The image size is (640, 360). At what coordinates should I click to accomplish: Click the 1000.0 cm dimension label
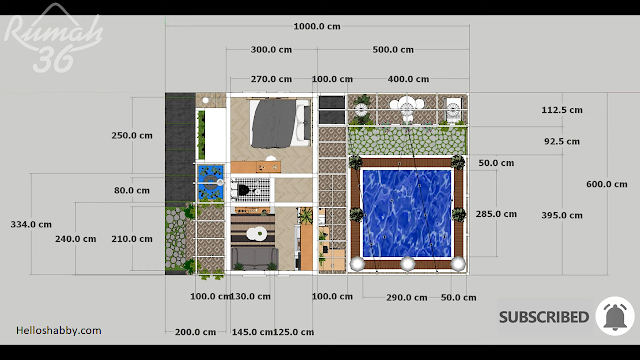point(317,27)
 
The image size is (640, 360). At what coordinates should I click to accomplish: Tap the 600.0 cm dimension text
point(607,184)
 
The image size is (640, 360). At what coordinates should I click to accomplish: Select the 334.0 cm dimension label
point(31,224)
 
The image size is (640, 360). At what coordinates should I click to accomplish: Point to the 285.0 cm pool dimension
point(496,214)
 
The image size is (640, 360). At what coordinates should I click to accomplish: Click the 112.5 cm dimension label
point(562,110)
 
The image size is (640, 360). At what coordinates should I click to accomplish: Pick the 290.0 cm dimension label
point(407,298)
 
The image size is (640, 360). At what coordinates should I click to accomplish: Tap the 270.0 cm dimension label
point(271,79)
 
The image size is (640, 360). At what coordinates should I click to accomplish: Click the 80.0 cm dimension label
point(132,190)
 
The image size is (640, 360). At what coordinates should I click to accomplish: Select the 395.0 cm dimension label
point(562,215)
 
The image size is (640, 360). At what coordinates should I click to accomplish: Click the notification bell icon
point(615,316)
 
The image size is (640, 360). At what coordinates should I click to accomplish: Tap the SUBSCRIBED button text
point(544,317)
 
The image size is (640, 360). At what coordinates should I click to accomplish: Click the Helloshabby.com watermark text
point(59,330)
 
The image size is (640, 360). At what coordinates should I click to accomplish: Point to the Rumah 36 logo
point(53,39)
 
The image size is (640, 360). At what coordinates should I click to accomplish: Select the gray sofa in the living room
point(255,258)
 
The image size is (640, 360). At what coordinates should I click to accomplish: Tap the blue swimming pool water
point(407,213)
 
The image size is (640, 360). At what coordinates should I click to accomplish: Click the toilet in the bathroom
point(243,191)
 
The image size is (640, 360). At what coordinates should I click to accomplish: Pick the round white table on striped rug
point(256,233)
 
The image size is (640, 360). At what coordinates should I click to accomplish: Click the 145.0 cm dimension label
point(251,332)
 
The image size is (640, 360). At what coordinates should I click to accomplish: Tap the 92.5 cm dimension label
point(562,141)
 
